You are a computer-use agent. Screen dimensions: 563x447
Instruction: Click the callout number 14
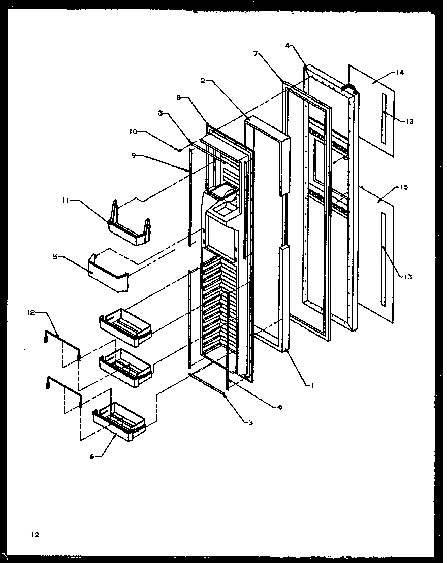pyautogui.click(x=399, y=73)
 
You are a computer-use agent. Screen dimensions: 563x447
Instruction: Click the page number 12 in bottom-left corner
pyautogui.click(x=34, y=534)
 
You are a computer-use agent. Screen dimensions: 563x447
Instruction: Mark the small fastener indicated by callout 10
pyautogui.click(x=178, y=149)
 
